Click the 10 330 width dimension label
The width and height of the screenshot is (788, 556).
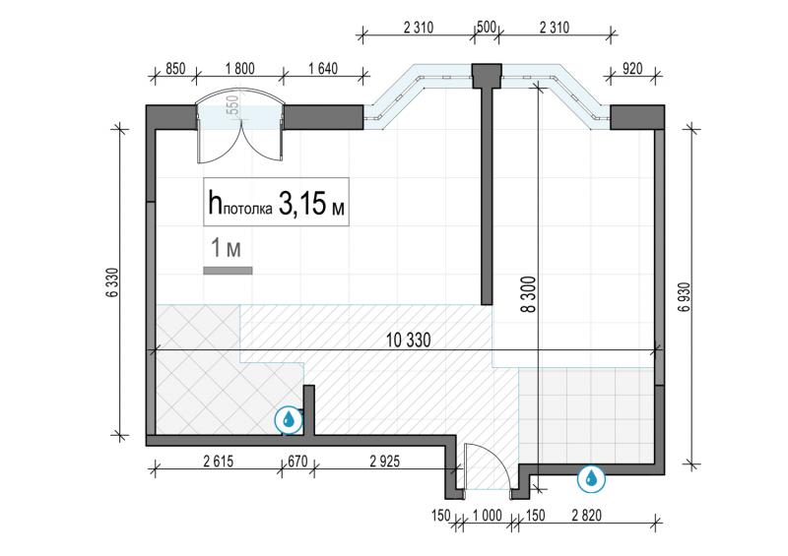coord(408,340)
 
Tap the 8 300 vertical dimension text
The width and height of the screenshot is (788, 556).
coord(529,295)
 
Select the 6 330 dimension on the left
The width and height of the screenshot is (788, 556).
coord(112,282)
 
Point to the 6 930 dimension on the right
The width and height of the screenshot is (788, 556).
coord(685,297)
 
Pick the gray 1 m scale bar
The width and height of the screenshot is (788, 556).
coord(228,271)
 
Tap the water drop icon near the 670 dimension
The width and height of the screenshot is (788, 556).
coord(289,419)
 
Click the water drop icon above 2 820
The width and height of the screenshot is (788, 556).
coord(591,478)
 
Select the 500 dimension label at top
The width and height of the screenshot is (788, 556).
coord(486,27)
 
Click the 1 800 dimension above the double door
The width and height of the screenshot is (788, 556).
coord(239,68)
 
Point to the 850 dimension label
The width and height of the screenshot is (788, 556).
coord(175,68)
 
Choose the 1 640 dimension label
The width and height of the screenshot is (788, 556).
coord(323,68)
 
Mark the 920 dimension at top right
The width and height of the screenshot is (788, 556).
coord(632,68)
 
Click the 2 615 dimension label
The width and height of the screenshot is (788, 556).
coord(219,462)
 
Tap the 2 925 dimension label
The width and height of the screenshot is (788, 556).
coord(385,462)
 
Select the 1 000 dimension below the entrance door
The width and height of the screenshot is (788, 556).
coord(487,516)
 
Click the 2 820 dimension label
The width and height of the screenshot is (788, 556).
coord(586,516)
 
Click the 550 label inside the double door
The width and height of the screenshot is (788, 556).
coord(233,106)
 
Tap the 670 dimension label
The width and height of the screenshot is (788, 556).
coord(297,462)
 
